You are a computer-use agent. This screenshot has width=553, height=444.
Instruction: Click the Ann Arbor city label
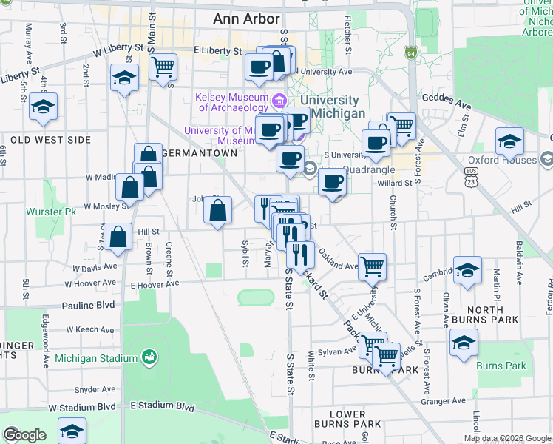click(246, 18)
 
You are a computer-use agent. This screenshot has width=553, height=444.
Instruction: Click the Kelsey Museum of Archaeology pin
click(279, 100)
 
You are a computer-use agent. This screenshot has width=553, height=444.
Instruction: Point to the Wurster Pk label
click(52, 212)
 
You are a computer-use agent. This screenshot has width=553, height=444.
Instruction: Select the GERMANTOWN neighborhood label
click(199, 153)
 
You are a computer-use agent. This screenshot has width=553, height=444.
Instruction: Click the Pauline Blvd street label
click(89, 304)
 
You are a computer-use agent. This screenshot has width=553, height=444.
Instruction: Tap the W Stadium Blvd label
click(82, 408)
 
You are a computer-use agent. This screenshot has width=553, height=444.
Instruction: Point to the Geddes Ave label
click(447, 98)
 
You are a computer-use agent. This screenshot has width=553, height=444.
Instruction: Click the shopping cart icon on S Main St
click(163, 67)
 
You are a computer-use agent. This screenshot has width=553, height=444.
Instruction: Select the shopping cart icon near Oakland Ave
click(373, 266)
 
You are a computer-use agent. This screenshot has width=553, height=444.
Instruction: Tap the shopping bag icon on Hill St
click(118, 237)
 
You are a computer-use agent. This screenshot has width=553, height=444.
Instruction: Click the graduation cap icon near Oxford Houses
click(510, 141)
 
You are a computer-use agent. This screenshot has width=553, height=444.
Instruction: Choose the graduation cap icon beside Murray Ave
click(44, 106)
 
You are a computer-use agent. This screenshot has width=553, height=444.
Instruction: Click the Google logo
click(24, 435)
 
